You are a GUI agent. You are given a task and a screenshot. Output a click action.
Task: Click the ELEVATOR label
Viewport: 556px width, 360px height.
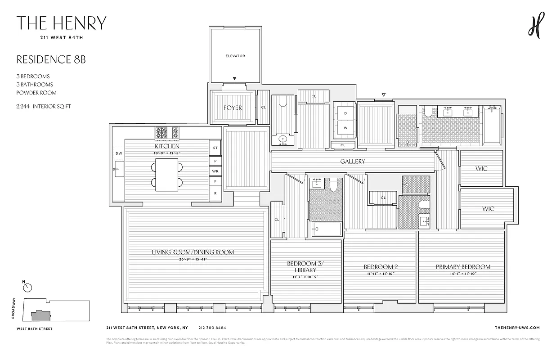coord(235,56)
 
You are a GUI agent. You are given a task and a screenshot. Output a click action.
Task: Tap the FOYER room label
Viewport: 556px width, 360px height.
coord(233,108)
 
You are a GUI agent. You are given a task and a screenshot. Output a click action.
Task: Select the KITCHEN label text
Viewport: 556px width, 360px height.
coord(167,146)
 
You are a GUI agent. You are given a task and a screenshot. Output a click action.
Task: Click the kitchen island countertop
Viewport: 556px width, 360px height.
coord(167,175)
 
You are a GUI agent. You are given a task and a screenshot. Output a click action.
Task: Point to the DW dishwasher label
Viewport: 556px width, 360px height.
coord(119,153)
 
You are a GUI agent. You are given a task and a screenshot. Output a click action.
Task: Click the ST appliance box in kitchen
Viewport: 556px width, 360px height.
coord(215,148)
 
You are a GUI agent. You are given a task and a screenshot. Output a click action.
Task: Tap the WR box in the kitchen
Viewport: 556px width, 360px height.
coord(215,171)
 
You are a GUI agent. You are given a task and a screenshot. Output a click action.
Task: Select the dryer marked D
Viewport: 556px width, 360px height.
coord(345,113)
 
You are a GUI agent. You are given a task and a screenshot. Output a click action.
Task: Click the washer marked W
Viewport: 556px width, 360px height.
coord(345,128)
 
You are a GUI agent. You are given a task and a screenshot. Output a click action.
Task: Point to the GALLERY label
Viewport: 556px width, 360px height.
coord(353,162)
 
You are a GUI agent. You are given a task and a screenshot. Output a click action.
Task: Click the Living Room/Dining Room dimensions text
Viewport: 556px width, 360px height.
coord(193,259)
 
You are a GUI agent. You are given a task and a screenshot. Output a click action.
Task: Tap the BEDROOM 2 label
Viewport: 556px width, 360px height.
coord(381,267)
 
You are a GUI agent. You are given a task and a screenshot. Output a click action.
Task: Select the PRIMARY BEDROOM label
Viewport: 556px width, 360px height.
coord(463,267)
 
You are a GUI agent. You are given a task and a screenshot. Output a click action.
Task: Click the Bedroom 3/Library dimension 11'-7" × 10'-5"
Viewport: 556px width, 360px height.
coord(305,277)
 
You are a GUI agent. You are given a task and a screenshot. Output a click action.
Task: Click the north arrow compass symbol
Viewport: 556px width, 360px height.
coord(28,287)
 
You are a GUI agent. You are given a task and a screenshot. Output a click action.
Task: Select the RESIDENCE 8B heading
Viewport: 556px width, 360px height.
coord(51,59)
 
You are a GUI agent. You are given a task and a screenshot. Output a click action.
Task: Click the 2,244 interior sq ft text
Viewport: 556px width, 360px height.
coord(44,107)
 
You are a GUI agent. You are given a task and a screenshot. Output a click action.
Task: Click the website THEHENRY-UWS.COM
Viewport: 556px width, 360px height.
coord(516,328)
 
